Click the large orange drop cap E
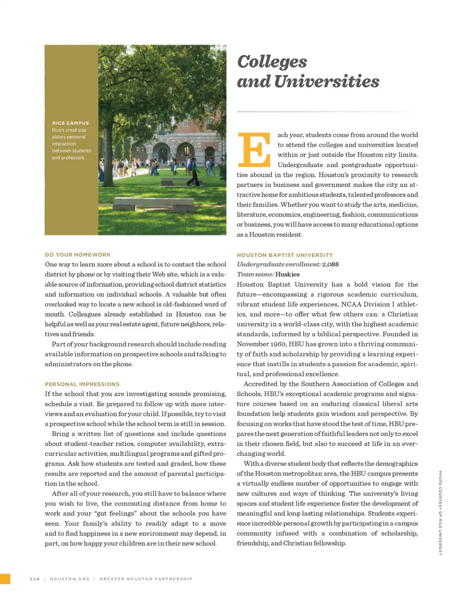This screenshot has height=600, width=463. [x=254, y=149]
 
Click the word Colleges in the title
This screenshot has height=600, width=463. [x=272, y=62]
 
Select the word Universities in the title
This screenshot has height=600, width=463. [x=327, y=81]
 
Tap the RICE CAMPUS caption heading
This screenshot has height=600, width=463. [x=70, y=123]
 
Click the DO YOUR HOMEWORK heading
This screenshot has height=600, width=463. [x=78, y=254]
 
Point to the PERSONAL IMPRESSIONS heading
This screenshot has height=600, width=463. [x=82, y=384]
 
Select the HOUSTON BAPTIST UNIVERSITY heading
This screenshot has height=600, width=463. [x=285, y=255]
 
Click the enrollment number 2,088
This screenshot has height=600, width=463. [x=330, y=265]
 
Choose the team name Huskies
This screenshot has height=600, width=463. [x=287, y=274]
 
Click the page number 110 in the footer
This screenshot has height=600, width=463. [x=35, y=579]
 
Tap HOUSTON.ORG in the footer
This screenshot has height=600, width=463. [x=69, y=579]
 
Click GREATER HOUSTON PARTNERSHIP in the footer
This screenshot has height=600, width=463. [x=146, y=579]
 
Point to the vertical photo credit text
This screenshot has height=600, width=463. [x=440, y=513]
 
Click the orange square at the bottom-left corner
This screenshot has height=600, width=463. [x=5, y=579]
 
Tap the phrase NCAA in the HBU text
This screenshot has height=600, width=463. [x=350, y=304]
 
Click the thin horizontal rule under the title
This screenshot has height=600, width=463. [x=324, y=112]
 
